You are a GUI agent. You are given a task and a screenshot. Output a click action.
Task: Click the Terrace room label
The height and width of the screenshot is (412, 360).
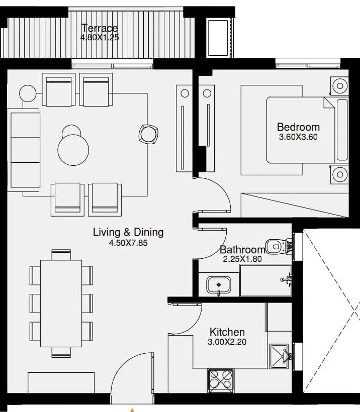[100, 29]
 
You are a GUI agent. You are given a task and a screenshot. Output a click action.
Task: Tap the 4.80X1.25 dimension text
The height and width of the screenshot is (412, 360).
[100, 37]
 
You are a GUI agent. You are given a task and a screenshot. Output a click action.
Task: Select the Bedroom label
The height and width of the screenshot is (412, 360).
[298, 127]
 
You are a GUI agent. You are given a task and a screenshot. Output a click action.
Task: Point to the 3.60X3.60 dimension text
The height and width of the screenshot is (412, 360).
[298, 136]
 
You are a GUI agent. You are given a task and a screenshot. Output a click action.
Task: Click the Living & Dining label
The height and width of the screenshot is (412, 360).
[128, 232]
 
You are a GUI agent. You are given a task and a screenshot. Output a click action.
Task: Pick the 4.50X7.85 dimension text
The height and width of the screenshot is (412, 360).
[128, 242]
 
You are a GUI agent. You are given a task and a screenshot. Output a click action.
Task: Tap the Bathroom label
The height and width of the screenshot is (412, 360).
[242, 250]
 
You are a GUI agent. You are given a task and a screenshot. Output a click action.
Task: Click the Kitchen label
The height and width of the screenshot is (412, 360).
[227, 332]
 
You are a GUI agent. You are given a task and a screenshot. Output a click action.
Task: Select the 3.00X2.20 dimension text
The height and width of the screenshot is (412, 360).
[227, 342]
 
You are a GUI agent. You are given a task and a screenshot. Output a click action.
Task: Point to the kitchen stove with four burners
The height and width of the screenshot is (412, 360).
[221, 380]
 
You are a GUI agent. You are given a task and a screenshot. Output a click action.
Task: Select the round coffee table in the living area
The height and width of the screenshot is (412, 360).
[73, 149]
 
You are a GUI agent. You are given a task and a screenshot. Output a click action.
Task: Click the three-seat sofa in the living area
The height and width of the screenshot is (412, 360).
[24, 150]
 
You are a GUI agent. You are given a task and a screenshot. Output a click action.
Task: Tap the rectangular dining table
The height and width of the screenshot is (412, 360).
[61, 303]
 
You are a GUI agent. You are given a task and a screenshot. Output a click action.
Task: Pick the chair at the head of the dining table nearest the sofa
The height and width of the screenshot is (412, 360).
[61, 254]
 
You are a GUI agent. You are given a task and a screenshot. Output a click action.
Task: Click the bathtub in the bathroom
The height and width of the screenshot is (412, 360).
[264, 280]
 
